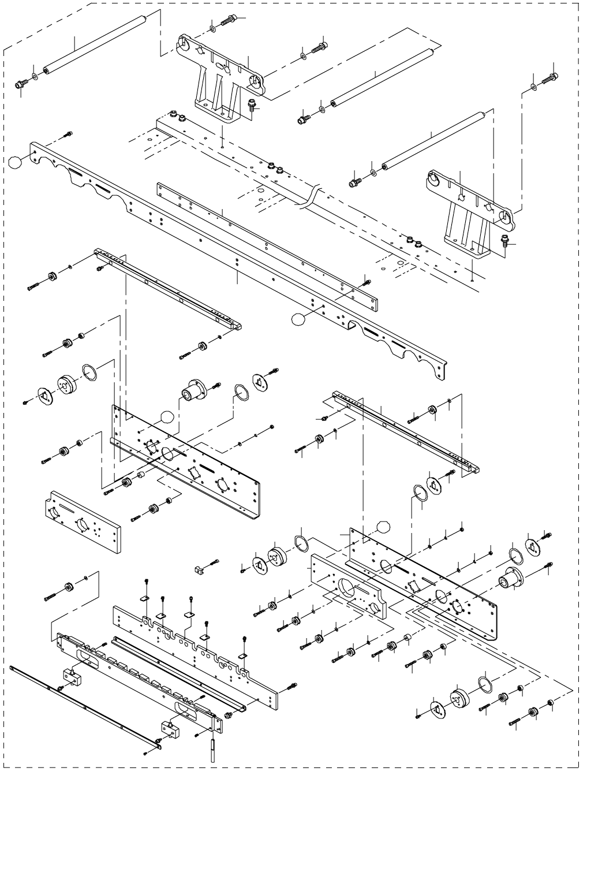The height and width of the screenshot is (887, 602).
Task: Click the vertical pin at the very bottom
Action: coord(213,748)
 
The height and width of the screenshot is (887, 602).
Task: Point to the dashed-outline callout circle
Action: coord(383,527)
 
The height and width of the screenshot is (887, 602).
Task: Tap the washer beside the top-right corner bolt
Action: coord(533,87)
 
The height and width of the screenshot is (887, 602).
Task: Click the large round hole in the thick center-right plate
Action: coord(347,587)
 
